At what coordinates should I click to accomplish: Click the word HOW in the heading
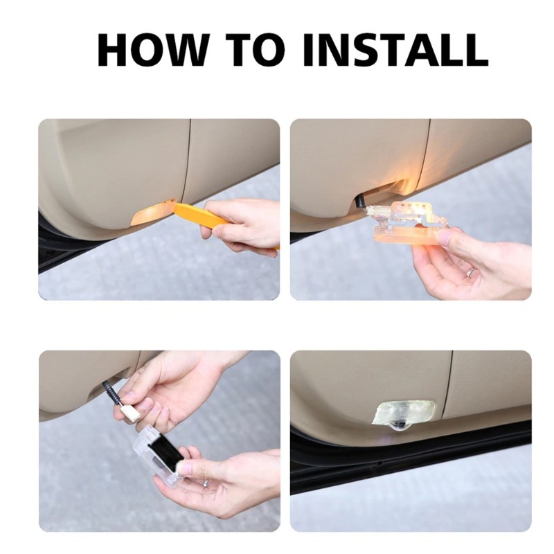pos(152,50)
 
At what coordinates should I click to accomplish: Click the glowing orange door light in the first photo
pos(150,213)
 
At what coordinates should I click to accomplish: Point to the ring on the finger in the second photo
pos(472,271)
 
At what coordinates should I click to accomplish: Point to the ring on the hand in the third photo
pos(206,483)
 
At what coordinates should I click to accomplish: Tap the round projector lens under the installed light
pos(400,427)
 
